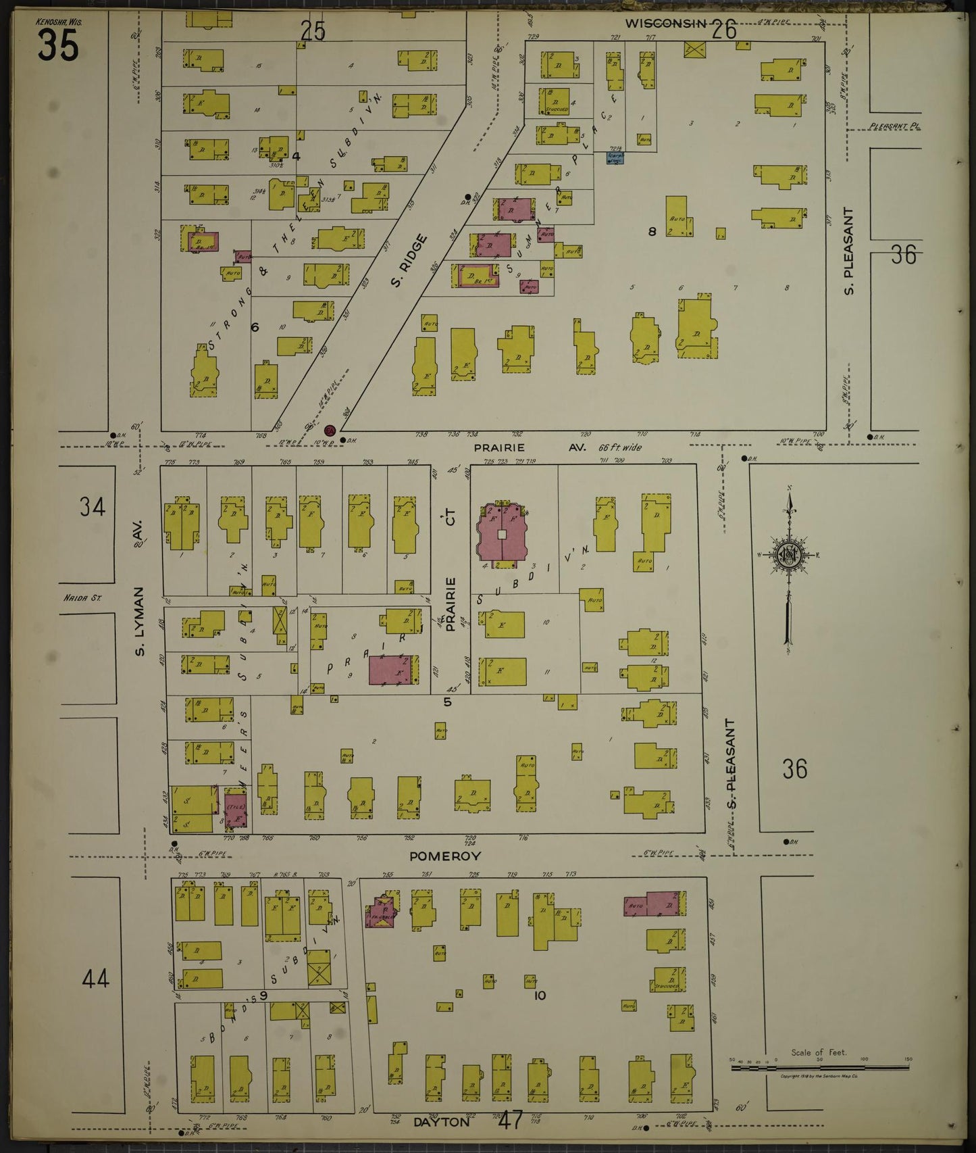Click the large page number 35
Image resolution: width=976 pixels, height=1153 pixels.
click(x=57, y=46)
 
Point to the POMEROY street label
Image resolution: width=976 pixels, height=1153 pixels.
click(x=445, y=856)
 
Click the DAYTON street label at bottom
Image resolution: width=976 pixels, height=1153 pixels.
click(x=440, y=1121)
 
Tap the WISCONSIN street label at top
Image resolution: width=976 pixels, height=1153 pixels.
click(x=665, y=24)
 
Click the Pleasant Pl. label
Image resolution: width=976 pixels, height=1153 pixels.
click(x=894, y=126)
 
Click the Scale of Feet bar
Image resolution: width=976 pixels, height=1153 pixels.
click(x=820, y=1069)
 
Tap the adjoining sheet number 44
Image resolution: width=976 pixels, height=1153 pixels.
click(x=95, y=978)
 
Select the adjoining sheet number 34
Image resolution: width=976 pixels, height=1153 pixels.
click(x=92, y=506)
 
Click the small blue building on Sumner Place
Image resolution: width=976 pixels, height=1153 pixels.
click(x=615, y=157)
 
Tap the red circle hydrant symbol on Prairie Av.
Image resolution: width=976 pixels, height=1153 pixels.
click(x=330, y=431)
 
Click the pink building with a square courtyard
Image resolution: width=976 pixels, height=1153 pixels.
click(x=502, y=535)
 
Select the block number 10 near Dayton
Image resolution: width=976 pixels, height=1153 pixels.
click(x=539, y=996)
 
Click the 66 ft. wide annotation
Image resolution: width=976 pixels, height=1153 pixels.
click(x=619, y=447)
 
